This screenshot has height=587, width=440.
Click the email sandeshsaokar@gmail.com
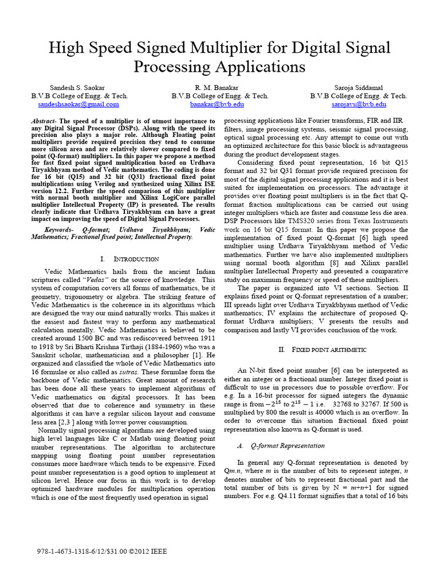[x=78, y=105]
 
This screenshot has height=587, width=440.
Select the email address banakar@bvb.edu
[x=220, y=105]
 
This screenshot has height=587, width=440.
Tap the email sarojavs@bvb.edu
[x=359, y=105]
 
